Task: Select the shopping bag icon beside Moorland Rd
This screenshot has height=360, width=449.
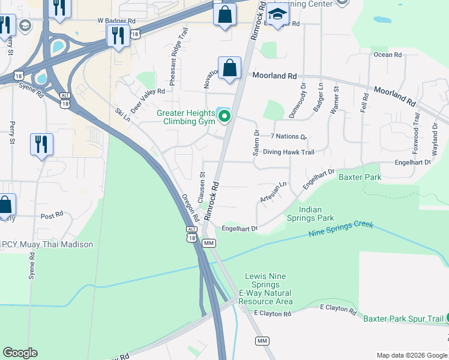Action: click(x=229, y=68)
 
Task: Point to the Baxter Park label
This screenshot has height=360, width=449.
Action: click(x=360, y=177)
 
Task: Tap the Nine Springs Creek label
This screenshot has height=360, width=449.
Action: click(x=341, y=229)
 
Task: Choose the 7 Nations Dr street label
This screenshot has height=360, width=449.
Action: click(x=289, y=137)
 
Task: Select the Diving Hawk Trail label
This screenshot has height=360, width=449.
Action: click(x=288, y=152)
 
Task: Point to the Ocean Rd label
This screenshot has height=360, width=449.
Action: click(x=387, y=55)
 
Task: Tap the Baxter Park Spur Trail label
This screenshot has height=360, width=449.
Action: click(x=402, y=318)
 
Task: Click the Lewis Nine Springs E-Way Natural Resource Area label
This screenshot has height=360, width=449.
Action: click(x=265, y=289)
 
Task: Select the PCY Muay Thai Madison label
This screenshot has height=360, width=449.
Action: click(x=47, y=244)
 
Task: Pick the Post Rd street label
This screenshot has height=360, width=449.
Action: click(x=52, y=215)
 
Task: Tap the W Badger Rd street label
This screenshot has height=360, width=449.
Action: click(x=117, y=20)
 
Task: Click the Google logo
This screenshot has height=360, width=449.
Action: click(x=20, y=352)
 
